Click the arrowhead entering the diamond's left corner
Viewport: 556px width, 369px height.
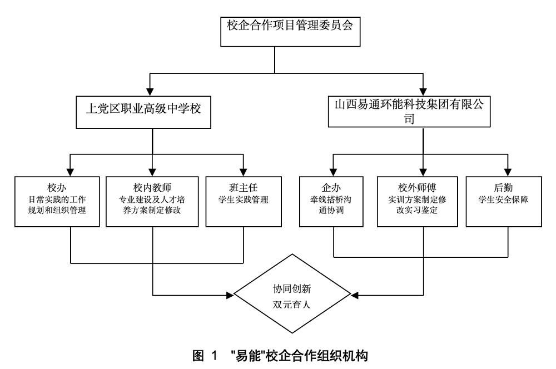(x=229, y=295)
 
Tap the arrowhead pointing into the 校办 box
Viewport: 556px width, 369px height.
(x=71, y=172)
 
